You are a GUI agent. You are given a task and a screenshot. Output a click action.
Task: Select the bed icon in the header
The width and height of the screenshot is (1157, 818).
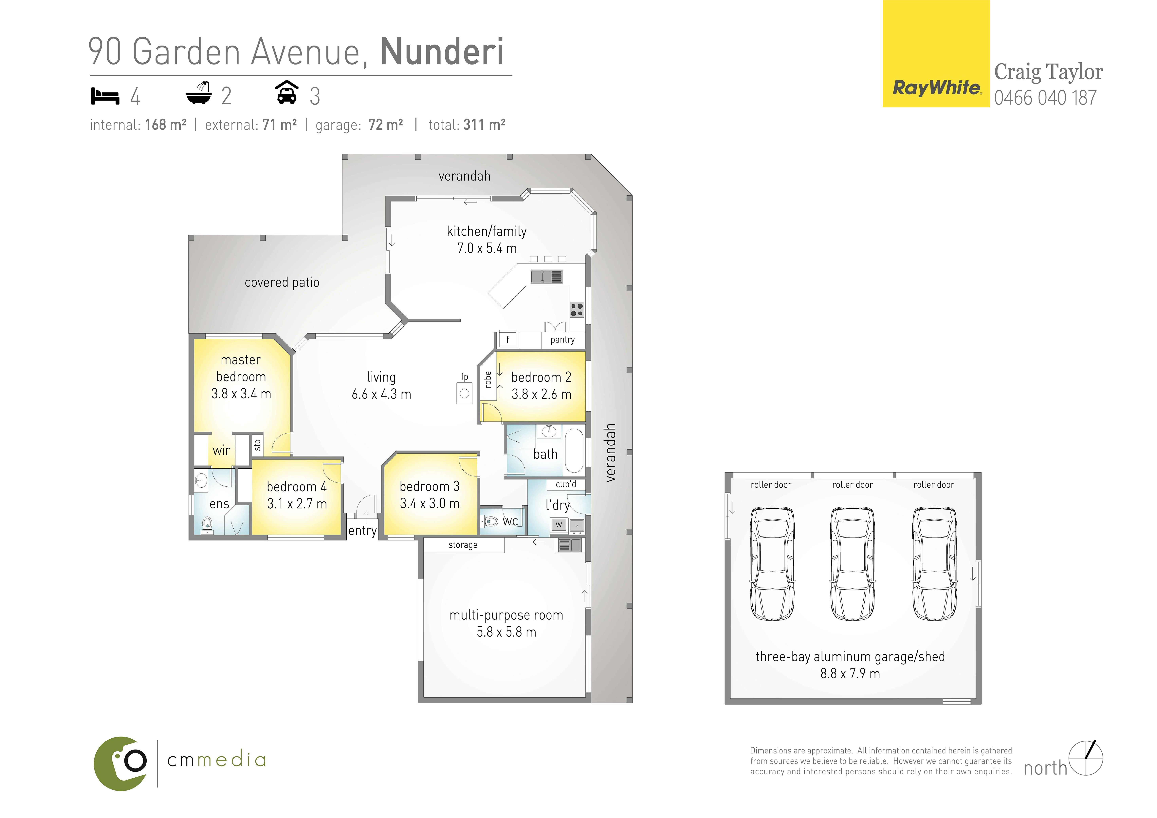pos(105,96)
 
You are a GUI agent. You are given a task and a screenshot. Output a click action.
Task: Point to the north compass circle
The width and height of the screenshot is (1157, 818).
pos(1086,758)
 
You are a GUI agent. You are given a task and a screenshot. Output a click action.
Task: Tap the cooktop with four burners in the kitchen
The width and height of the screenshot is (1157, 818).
pos(577,310)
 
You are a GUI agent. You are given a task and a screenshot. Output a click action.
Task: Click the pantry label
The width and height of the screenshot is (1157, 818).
pos(562,340)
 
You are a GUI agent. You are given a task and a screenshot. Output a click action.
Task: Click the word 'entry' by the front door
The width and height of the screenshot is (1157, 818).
pos(362,531)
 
